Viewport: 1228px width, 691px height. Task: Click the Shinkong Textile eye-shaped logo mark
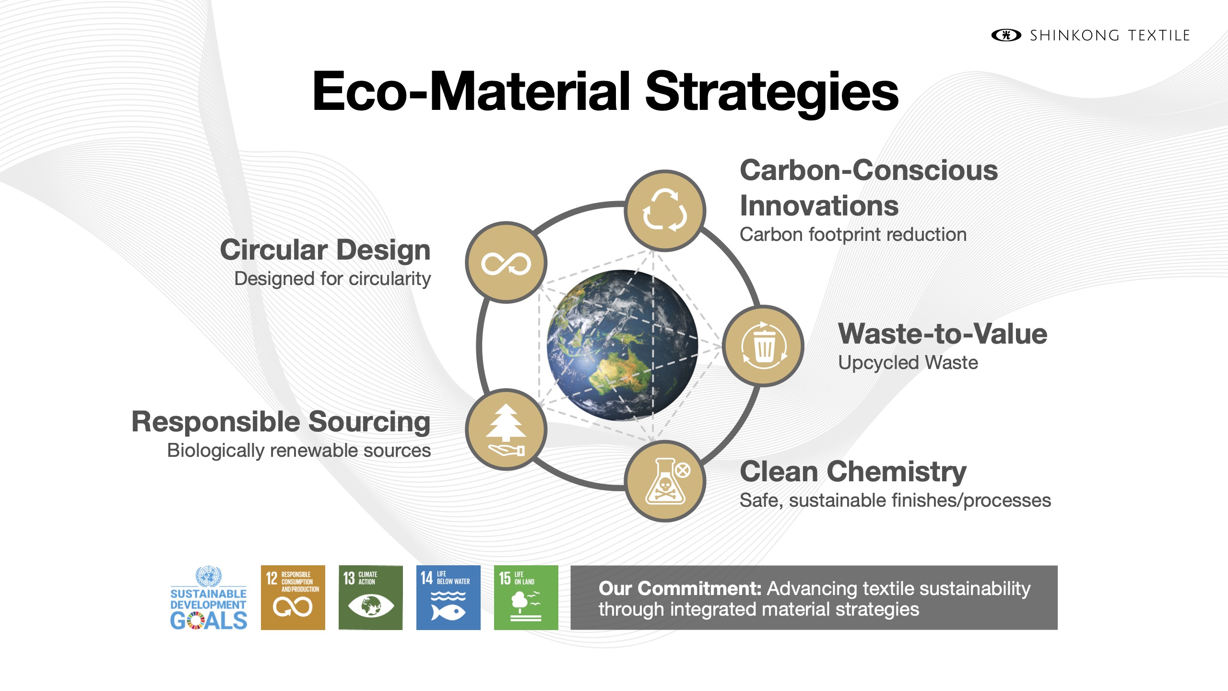(x=1006, y=35)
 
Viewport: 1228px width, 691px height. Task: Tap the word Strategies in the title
(x=772, y=91)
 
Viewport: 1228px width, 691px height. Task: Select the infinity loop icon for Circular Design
(x=506, y=262)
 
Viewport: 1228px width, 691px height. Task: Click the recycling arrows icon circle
(x=665, y=211)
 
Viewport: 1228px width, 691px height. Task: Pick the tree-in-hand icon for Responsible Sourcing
(x=506, y=429)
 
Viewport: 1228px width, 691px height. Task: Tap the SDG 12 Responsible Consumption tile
(x=293, y=597)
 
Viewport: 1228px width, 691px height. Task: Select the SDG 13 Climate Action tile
(x=371, y=597)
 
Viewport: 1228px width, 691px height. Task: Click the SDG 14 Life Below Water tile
(x=449, y=597)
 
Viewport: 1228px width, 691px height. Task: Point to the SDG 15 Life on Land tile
(x=526, y=597)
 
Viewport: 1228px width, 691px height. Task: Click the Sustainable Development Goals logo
(x=209, y=598)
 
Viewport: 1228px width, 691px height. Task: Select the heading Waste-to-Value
(x=943, y=334)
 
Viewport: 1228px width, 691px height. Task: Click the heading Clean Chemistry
(x=853, y=472)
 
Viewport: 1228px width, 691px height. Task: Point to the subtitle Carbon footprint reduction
(x=853, y=235)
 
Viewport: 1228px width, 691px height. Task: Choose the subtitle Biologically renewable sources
(x=299, y=451)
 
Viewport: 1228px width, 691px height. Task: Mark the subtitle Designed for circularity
(x=332, y=279)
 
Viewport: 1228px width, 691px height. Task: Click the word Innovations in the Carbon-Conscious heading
(x=819, y=206)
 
